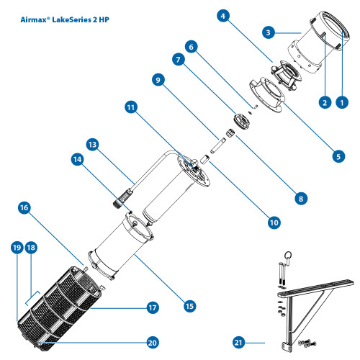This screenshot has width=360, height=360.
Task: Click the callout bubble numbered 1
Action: pos(343,103)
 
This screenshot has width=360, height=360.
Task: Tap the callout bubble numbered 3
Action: pos(268,32)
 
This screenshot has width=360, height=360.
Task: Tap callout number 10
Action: pos(274,222)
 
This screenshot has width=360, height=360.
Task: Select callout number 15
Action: pos(189,305)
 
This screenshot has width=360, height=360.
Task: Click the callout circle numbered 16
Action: pos(24,207)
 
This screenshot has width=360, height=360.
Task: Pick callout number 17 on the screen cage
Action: pos(152,307)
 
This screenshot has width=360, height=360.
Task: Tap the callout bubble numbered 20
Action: pos(152,341)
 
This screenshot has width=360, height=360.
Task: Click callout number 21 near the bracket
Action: pos(239,341)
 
